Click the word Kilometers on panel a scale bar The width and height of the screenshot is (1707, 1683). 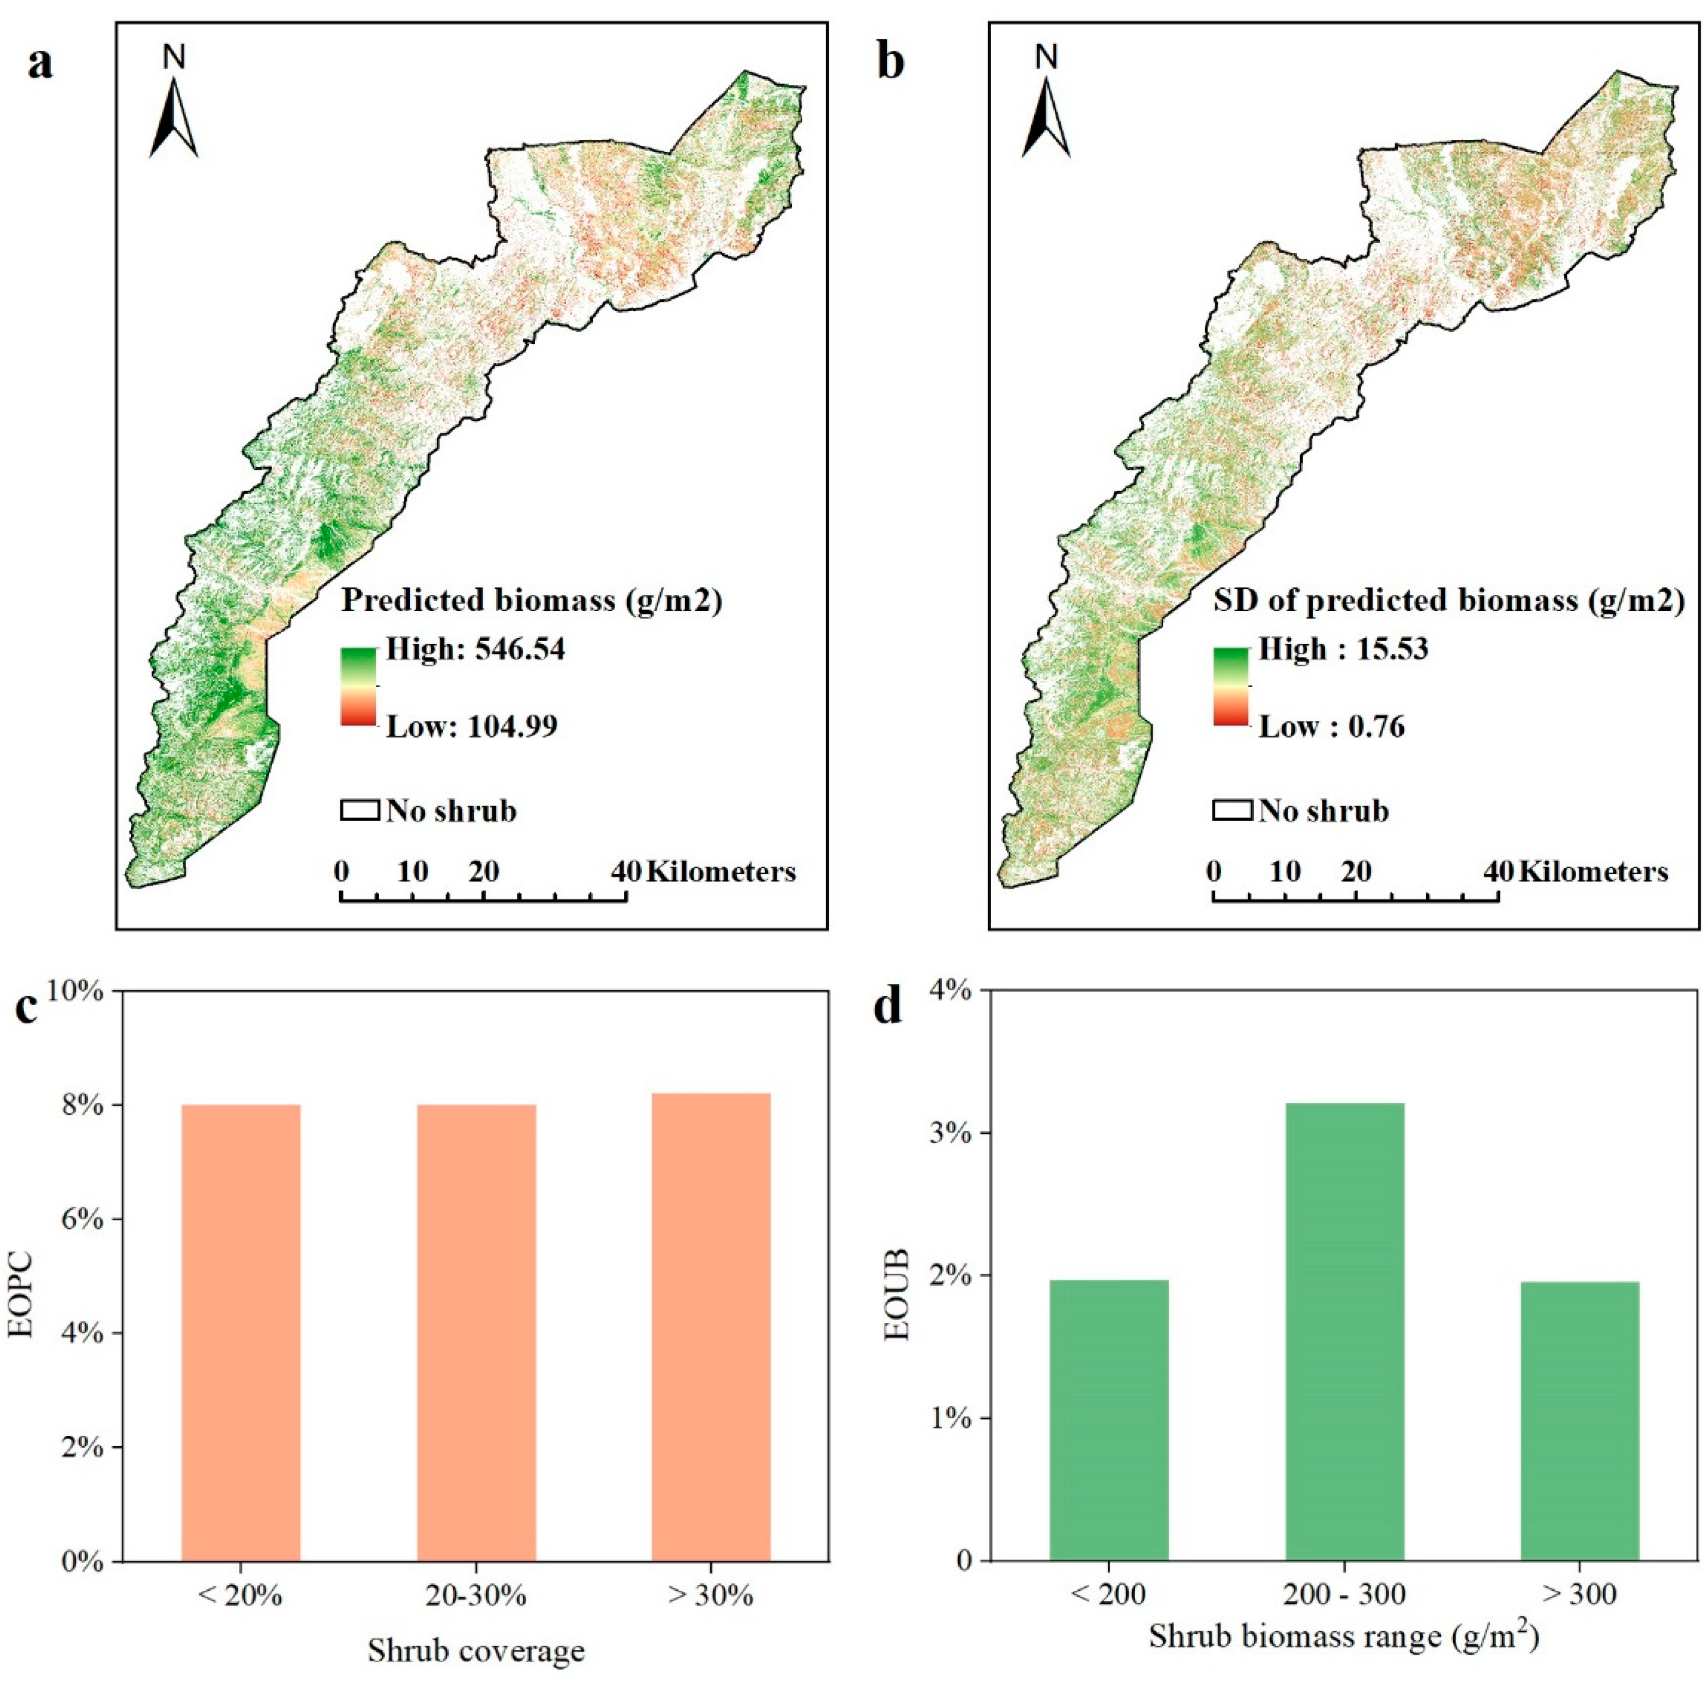click(x=721, y=873)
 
